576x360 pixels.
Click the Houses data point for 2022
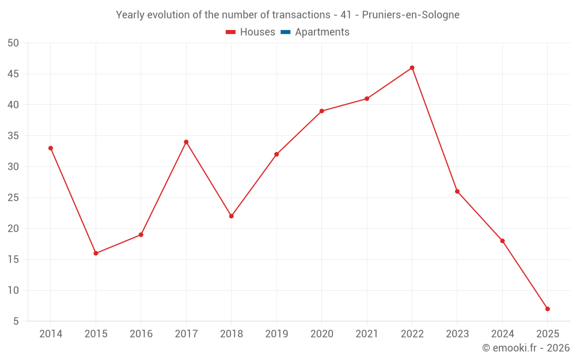(x=412, y=68)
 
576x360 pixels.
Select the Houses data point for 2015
(x=96, y=253)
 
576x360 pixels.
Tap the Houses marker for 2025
(x=547, y=309)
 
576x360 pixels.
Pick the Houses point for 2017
(x=186, y=142)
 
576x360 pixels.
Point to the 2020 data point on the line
(x=321, y=111)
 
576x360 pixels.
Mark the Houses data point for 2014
(x=51, y=148)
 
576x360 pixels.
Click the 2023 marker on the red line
(x=457, y=191)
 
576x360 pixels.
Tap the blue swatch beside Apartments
(x=285, y=32)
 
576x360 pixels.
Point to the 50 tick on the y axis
(x=13, y=43)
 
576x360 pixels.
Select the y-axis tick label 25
(x=13, y=198)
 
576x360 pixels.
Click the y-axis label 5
(x=16, y=321)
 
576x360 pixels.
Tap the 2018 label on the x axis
(x=231, y=334)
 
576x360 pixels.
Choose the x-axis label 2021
(x=367, y=334)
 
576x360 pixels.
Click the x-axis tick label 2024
(x=502, y=334)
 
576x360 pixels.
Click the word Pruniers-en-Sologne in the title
(x=411, y=15)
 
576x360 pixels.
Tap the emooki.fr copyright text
(x=525, y=348)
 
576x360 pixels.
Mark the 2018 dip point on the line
(x=231, y=216)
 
